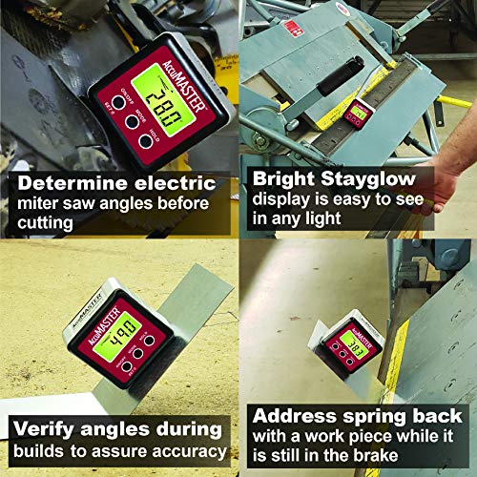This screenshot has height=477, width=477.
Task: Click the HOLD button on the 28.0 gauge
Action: pyautogui.click(x=145, y=141)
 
